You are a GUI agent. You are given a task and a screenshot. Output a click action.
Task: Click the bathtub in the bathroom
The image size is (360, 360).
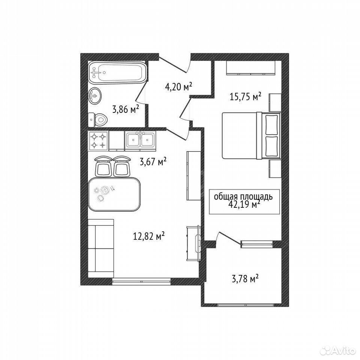(117, 73)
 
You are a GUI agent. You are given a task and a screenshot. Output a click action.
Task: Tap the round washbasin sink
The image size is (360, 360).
(95, 96)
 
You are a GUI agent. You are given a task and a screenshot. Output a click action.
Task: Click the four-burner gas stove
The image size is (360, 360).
(98, 141)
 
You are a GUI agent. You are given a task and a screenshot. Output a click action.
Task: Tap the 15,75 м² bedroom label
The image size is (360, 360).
(245, 97)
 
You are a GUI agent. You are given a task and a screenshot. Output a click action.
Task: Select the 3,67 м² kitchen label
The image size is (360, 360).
(153, 162)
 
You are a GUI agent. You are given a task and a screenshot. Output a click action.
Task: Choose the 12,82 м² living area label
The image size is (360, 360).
(149, 236)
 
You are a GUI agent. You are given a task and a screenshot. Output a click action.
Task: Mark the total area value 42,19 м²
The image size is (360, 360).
(243, 204)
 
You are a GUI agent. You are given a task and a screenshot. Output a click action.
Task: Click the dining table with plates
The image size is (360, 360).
(114, 194)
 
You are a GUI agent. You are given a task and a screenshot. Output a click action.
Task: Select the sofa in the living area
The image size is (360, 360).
(101, 248)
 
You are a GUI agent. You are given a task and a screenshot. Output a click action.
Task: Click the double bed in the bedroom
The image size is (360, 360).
(251, 135)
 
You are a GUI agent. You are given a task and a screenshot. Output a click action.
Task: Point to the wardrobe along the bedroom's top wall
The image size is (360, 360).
(251, 68)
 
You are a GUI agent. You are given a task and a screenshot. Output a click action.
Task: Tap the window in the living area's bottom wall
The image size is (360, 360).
(141, 281)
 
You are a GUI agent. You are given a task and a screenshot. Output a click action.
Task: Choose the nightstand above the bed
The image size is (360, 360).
(275, 103)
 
